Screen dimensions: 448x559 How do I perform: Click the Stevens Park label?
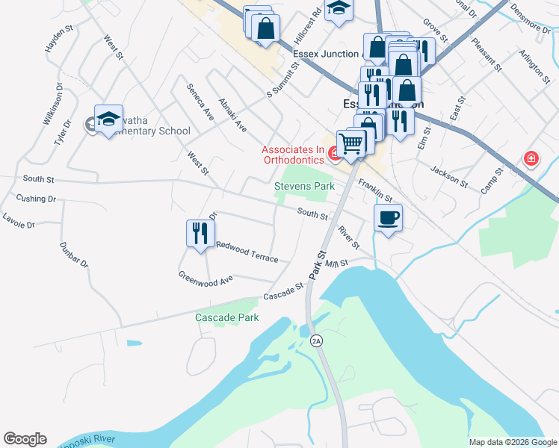tap(304, 185)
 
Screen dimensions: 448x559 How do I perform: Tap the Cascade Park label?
tap(227, 317)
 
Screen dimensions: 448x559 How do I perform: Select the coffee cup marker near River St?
tap(388, 218)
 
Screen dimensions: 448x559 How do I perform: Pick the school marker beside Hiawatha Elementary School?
tap(108, 119)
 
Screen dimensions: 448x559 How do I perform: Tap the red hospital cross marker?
tap(531, 158)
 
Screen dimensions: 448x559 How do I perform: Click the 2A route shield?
tap(316, 340)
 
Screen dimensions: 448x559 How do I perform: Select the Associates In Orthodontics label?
tap(293, 155)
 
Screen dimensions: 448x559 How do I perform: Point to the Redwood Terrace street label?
tap(247, 252)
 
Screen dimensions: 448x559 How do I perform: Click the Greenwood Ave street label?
tap(206, 278)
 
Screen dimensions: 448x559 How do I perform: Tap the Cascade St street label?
tap(283, 292)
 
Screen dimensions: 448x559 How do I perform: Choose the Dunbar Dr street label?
tap(73, 255)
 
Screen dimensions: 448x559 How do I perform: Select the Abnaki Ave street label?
tap(232, 114)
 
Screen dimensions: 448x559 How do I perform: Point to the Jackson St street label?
tap(448, 177)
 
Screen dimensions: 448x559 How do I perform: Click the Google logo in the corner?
tap(25, 439)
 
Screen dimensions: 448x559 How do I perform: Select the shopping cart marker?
tap(350, 142)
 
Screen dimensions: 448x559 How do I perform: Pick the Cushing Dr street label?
tap(36, 199)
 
